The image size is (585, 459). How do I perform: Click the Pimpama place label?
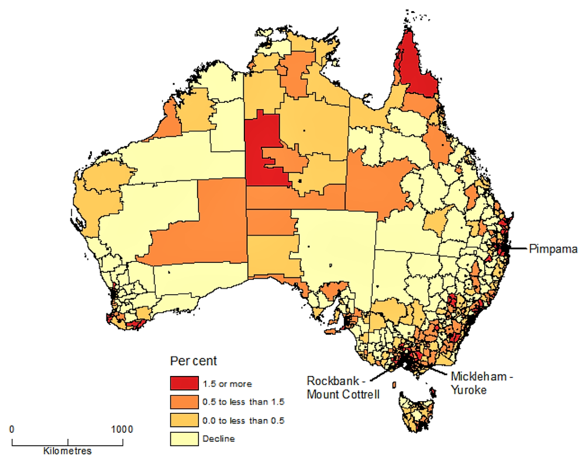553,249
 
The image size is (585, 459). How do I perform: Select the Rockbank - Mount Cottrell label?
343,387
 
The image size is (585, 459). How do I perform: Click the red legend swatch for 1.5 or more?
184,383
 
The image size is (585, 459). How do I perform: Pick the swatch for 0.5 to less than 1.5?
184,402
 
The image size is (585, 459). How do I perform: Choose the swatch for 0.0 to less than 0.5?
184,420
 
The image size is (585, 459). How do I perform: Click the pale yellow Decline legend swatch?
184,439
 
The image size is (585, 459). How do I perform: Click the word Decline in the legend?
219,439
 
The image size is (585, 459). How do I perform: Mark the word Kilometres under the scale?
67,451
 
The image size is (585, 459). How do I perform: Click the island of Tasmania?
415,412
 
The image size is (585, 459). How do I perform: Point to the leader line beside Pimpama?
518,249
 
